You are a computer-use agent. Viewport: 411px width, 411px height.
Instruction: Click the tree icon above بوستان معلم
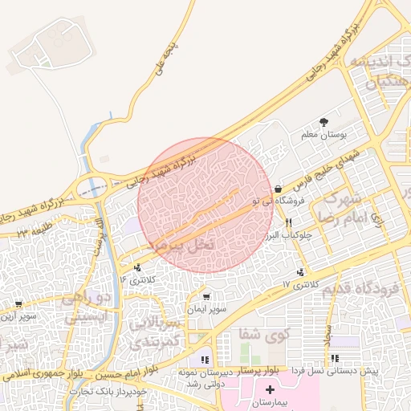point(324,122)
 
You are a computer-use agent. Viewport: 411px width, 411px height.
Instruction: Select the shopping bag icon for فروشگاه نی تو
point(278,189)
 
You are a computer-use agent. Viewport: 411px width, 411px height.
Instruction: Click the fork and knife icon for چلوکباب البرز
point(288,222)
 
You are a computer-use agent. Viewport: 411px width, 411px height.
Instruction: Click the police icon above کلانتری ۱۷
point(301,273)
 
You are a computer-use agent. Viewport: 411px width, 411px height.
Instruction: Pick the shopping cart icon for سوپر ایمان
point(206,297)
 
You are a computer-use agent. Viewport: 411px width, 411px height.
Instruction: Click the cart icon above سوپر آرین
point(18,305)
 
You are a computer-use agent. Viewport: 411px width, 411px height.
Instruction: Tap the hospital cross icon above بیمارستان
point(269,390)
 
